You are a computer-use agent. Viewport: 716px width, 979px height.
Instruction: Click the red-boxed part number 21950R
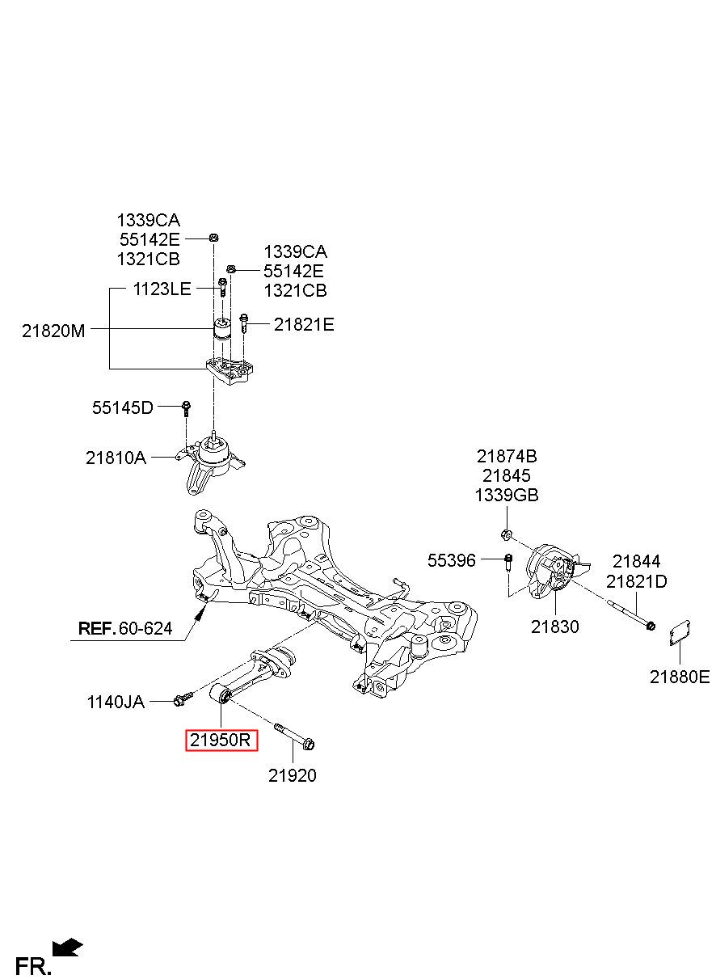[x=221, y=741]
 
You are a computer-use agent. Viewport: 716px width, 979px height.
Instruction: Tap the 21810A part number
[x=116, y=458]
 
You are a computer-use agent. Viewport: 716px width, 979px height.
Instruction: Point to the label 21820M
[x=53, y=331]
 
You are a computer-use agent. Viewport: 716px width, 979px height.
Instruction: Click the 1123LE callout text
[x=162, y=289]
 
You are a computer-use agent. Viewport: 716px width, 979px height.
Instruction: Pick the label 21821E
[x=304, y=324]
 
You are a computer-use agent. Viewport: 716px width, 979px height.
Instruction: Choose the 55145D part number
[x=123, y=407]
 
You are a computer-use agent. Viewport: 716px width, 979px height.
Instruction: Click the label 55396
[x=451, y=560]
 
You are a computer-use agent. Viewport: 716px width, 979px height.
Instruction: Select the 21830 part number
[x=555, y=627]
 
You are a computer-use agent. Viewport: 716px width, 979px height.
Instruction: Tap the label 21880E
[x=680, y=677]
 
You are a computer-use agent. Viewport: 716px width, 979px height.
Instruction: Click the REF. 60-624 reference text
[x=125, y=628]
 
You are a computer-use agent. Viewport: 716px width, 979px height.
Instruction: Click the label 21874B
[x=507, y=456]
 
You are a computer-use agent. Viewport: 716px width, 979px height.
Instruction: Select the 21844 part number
[x=637, y=561]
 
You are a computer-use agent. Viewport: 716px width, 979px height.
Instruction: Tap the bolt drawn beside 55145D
[x=187, y=408]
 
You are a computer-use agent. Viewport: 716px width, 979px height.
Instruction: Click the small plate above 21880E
[x=680, y=632]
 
